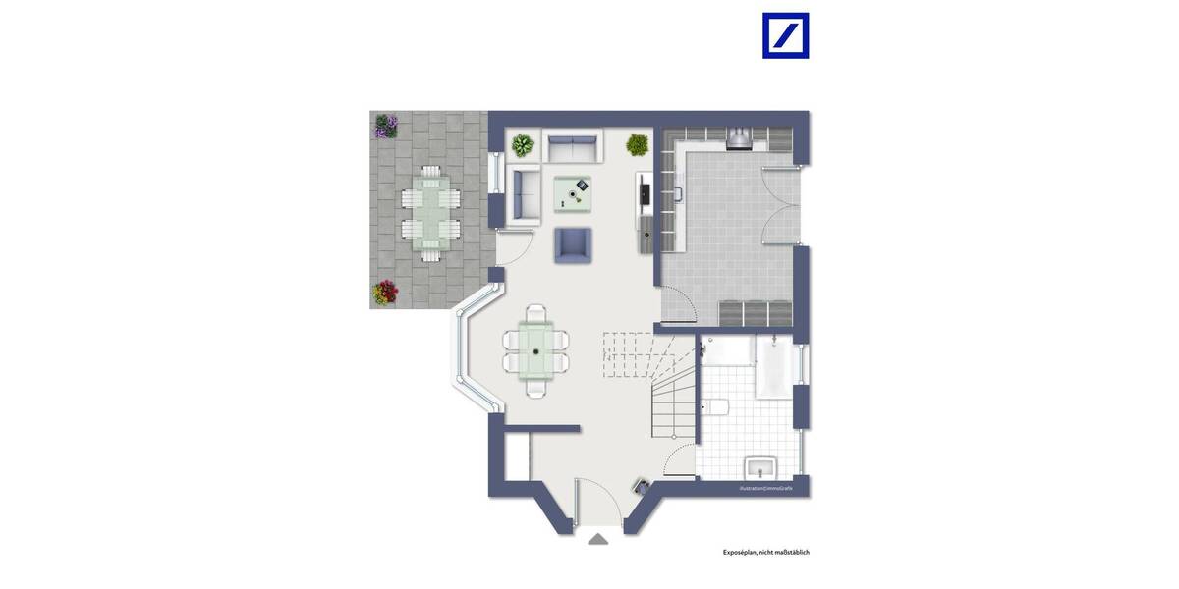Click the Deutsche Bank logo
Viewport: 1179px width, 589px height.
pos(785,35)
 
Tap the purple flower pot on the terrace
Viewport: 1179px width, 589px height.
pos(386,126)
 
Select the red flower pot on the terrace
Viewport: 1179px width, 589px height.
pos(385,293)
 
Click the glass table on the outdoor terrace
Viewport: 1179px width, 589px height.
pos(431,214)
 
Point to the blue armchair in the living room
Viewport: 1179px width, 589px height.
pos(574,245)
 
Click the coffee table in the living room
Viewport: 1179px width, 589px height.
pos(574,193)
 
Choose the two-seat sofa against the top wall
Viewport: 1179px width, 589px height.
pos(573,149)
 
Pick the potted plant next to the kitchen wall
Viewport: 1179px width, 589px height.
pos(638,145)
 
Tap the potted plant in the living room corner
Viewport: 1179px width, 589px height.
pos(522,146)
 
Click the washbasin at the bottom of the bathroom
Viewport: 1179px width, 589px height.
pos(760,465)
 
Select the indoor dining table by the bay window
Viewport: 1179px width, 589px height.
pos(535,350)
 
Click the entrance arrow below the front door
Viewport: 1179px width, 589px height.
pos(597,539)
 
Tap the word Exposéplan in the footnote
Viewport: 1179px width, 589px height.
pos(742,553)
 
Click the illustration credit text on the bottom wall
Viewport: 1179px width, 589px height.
pos(773,488)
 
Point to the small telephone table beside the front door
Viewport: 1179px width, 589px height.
pos(641,485)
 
